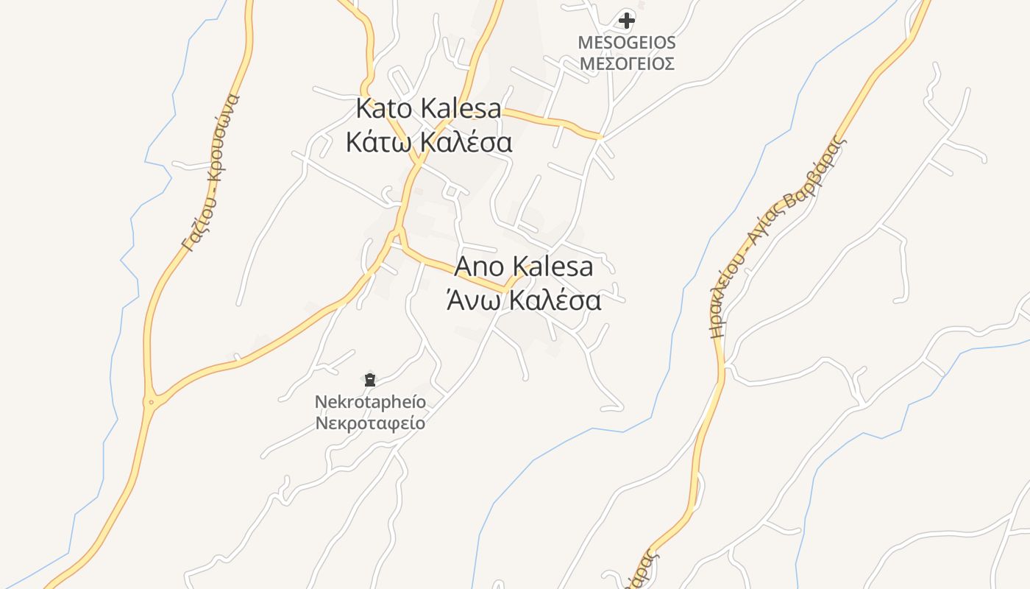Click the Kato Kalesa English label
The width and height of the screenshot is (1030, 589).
click(428, 108)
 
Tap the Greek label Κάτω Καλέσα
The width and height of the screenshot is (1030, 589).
click(428, 142)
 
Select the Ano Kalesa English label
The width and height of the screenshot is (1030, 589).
click(523, 267)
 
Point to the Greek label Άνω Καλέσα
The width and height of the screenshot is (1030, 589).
click(523, 300)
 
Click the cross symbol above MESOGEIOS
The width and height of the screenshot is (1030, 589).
click(626, 20)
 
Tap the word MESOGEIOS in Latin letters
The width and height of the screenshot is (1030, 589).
click(626, 43)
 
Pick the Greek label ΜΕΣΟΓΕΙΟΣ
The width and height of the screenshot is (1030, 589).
click(626, 63)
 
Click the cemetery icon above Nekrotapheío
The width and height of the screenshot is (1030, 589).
click(369, 380)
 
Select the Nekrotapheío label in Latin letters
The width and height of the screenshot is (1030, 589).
click(370, 402)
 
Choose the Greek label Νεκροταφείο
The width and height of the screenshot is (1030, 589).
click(370, 423)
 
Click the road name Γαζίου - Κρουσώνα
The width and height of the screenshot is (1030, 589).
click(211, 174)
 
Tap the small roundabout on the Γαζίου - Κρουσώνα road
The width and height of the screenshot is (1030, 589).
click(151, 402)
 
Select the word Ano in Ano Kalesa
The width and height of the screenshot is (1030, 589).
click(480, 267)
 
